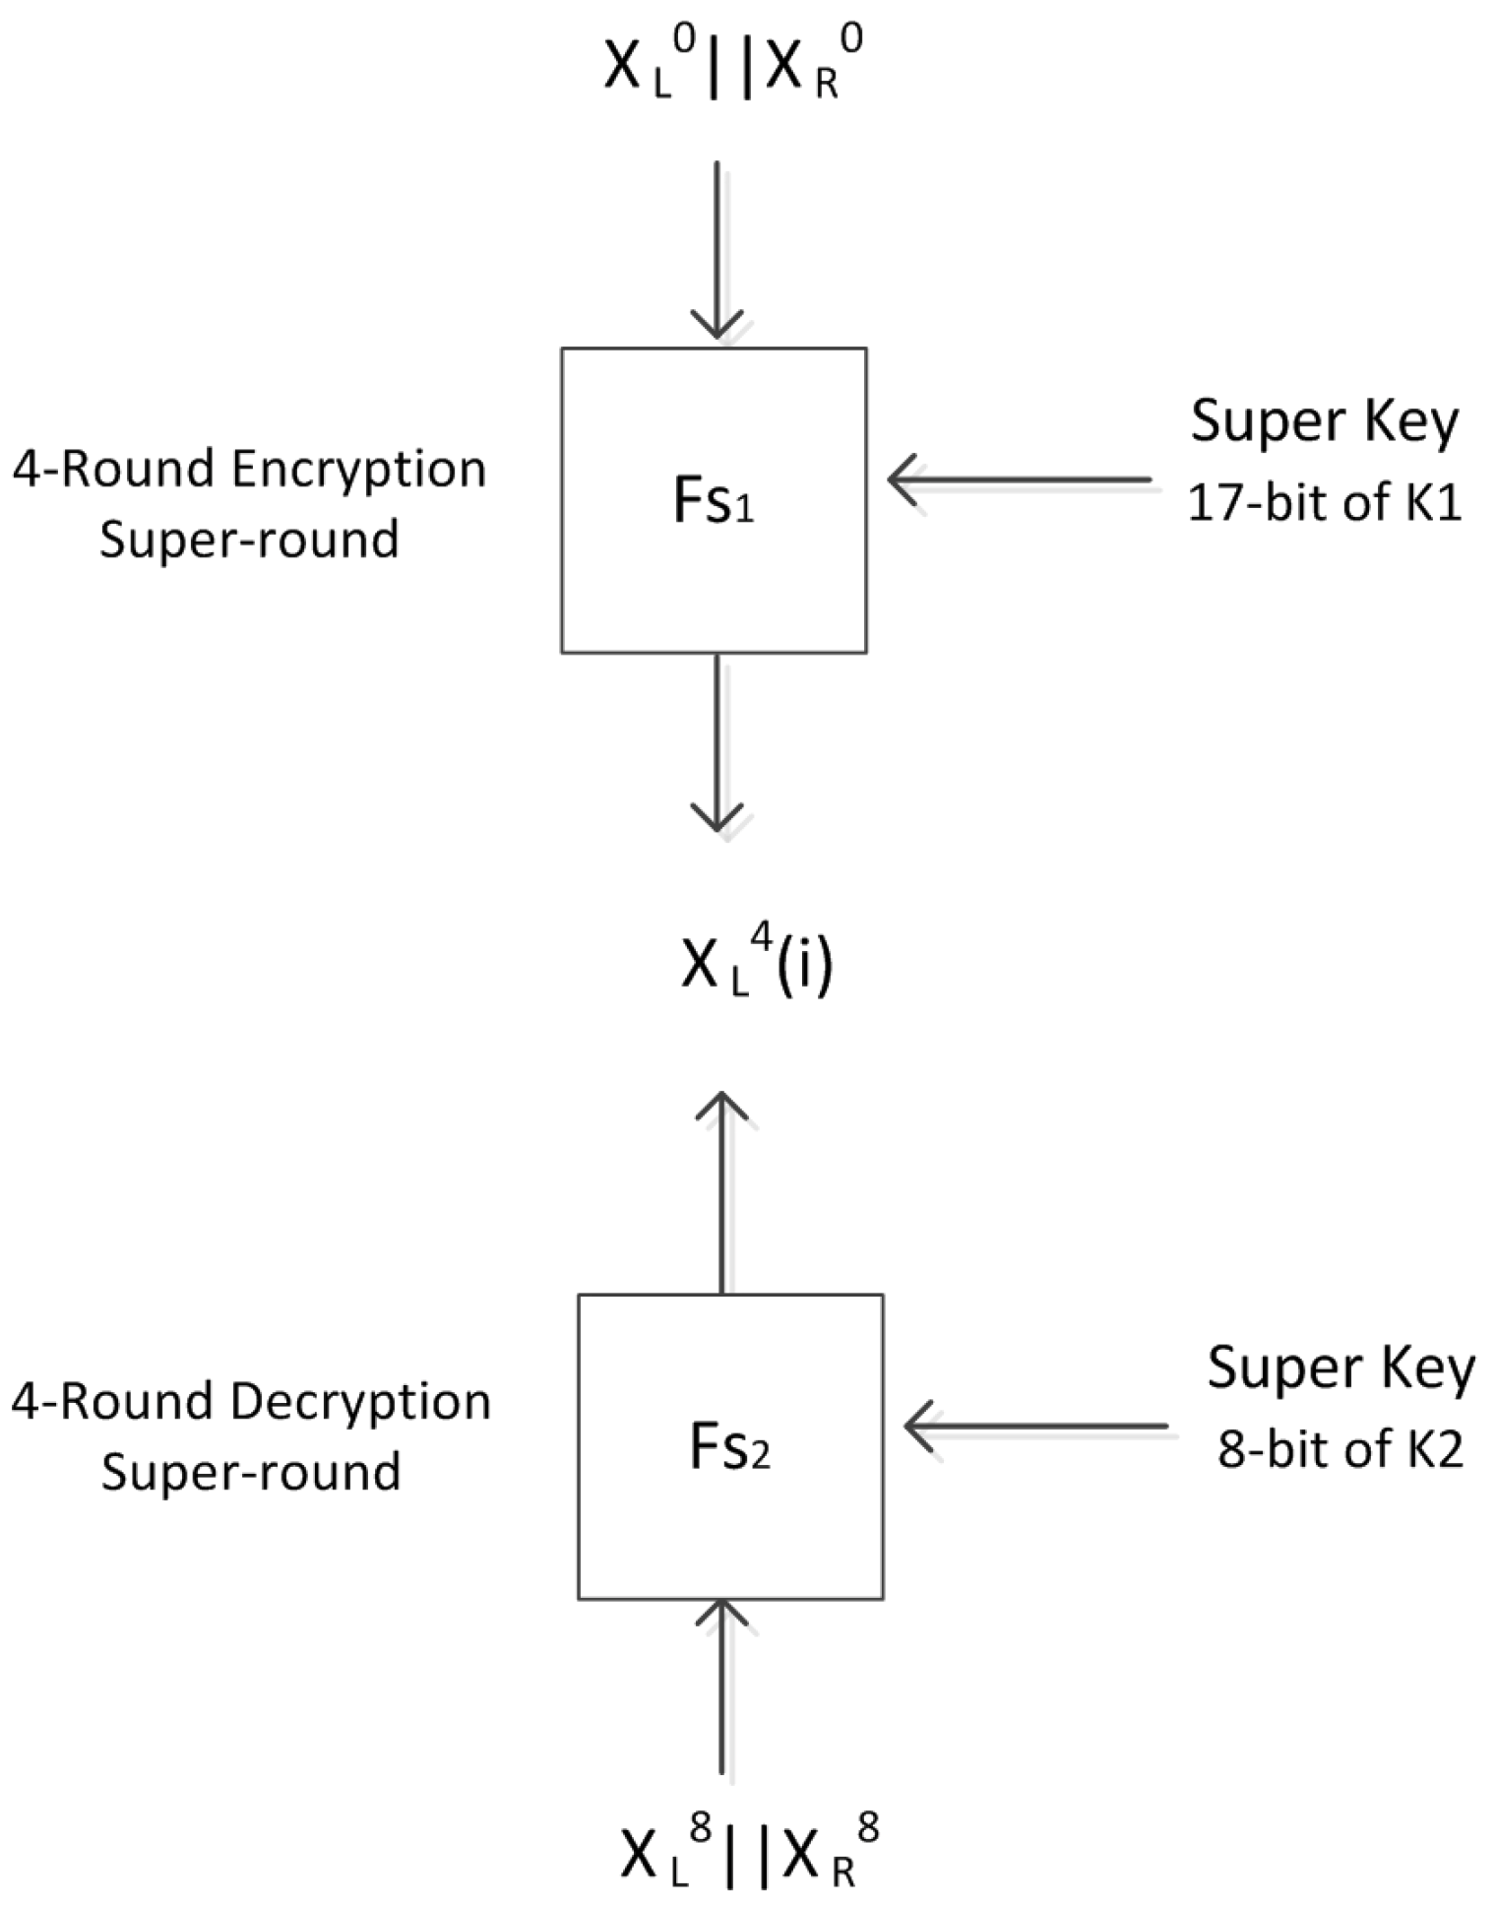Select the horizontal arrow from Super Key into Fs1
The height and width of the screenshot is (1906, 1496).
click(x=1019, y=480)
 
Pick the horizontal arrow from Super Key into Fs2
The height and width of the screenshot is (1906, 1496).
click(x=1035, y=1426)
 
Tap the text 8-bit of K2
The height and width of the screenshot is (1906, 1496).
click(x=1340, y=1449)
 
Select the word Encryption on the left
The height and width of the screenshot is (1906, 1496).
click(x=359, y=471)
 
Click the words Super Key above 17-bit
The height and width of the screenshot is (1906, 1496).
click(x=1324, y=421)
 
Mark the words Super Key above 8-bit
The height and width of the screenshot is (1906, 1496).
click(x=1340, y=1368)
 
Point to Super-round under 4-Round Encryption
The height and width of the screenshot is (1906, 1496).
click(x=249, y=540)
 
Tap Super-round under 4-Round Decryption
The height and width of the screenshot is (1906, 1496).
click(x=251, y=1472)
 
